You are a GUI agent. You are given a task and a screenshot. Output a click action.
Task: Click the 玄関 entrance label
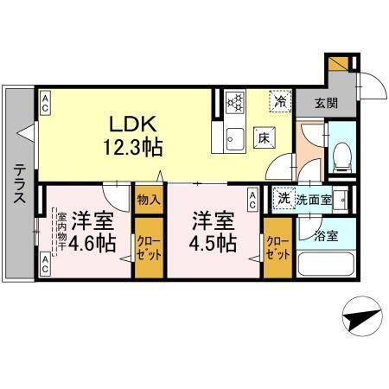tap(325, 102)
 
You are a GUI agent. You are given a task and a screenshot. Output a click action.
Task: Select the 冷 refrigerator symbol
tap(281, 101)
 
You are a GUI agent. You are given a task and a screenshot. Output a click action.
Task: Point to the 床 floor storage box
tap(263, 136)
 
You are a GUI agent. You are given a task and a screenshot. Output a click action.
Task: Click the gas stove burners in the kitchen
tap(234, 101)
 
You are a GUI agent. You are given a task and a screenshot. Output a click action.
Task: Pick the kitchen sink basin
tap(233, 137)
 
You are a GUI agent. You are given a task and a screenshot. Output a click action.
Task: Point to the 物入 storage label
tap(148, 199)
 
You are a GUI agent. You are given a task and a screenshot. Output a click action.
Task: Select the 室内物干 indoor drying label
tap(61, 230)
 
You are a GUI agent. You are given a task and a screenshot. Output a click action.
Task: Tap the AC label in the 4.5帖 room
tap(252, 201)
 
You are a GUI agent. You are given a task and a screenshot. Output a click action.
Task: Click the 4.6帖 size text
tap(92, 244)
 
